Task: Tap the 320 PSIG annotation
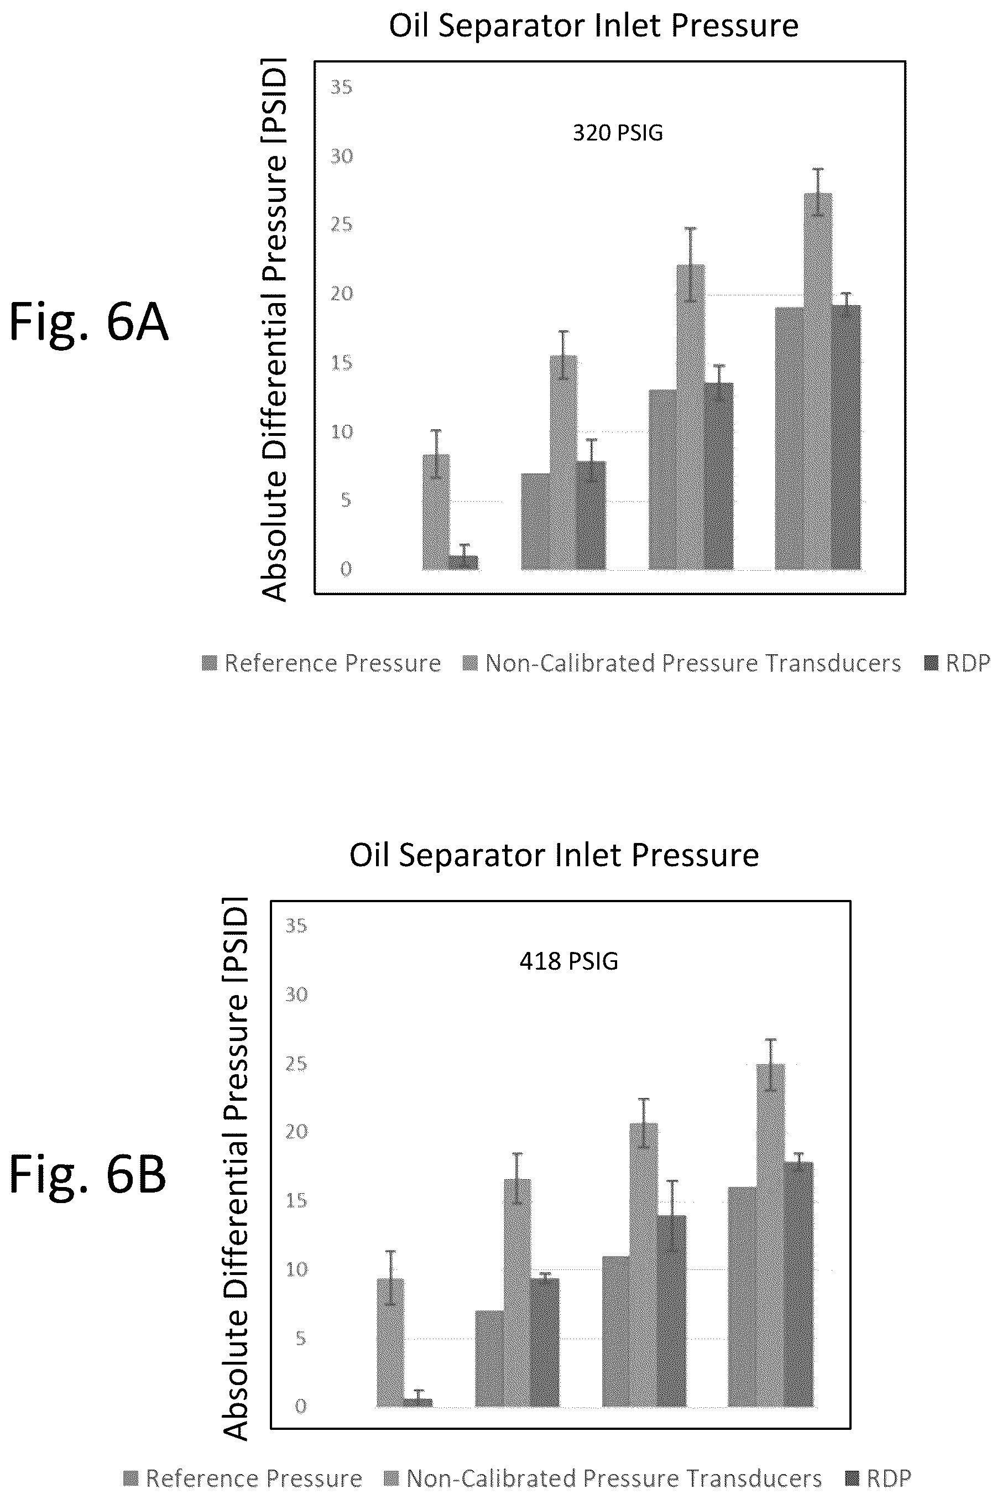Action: pos(617,133)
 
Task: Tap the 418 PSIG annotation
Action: pos(568,961)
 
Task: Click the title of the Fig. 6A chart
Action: pos(594,26)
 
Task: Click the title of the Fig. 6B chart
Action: pos(554,855)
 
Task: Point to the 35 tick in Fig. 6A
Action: pos(341,87)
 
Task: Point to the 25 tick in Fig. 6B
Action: pos(296,1064)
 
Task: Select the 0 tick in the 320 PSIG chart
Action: pos(346,569)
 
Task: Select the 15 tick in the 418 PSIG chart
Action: pos(296,1200)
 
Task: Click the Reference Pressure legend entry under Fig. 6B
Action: pos(243,1478)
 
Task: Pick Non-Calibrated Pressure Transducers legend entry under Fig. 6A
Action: pos(682,663)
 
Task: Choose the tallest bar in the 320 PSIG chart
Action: pos(818,382)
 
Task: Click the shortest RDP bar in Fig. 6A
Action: pos(464,563)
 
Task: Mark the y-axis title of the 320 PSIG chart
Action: pos(274,330)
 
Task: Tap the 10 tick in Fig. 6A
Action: pos(341,432)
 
